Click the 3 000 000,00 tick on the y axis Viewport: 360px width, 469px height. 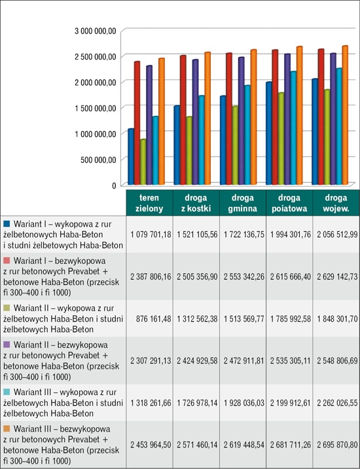click(x=96, y=31)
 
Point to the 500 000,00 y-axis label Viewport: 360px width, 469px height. click(x=98, y=159)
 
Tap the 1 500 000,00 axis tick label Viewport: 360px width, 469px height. click(x=96, y=108)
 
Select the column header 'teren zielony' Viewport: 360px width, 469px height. click(x=149, y=203)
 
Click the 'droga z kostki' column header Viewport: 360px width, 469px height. click(x=196, y=203)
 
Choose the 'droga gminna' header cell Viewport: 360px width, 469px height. click(x=242, y=203)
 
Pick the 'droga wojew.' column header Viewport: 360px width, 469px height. click(x=336, y=203)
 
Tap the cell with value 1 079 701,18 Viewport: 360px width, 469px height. click(x=151, y=235)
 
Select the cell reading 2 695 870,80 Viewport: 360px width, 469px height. click(x=337, y=445)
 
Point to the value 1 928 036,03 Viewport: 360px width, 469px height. click(x=244, y=403)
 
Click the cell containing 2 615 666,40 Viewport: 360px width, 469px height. click(x=291, y=276)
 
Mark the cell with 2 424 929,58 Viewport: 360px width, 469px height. click(x=197, y=361)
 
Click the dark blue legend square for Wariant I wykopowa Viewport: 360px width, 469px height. click(x=7, y=223)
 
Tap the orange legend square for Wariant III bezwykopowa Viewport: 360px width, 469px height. click(x=7, y=428)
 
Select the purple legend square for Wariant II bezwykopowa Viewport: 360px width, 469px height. click(x=7, y=345)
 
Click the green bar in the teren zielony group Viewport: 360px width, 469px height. click(x=143, y=162)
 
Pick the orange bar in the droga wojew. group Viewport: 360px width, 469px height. click(x=345, y=115)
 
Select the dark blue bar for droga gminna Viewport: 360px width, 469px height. click(x=223, y=140)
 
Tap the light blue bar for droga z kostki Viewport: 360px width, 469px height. click(x=201, y=140)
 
